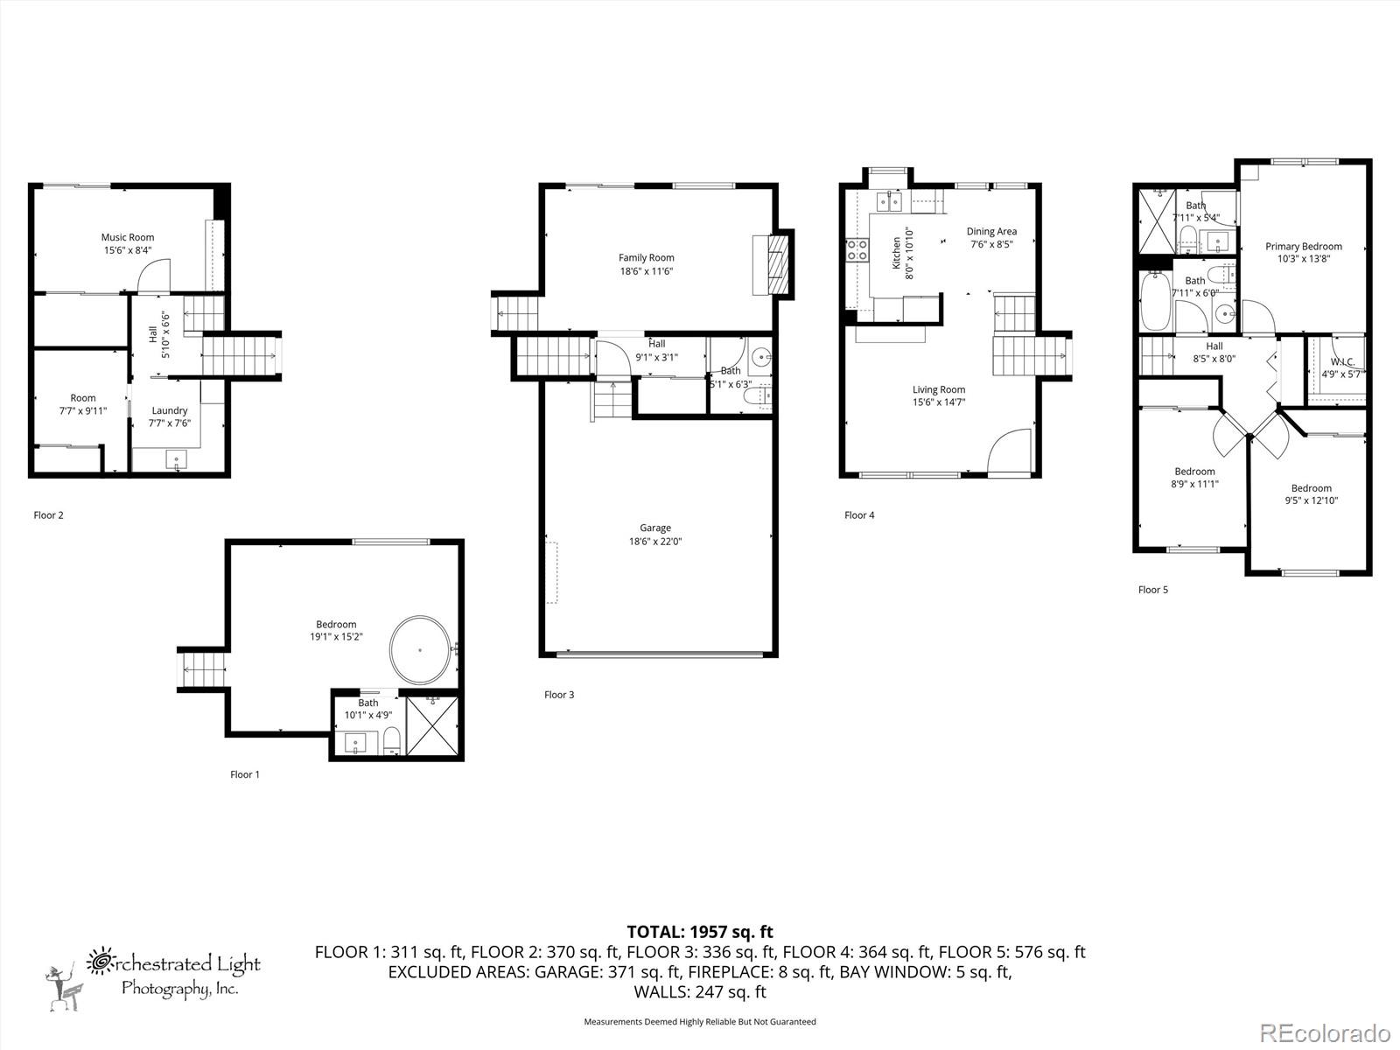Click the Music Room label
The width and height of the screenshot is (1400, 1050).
click(x=128, y=237)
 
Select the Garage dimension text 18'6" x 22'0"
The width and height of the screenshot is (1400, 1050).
click(x=654, y=542)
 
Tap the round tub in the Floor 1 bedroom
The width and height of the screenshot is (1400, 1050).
click(x=420, y=650)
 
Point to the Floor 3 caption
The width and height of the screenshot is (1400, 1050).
click(x=559, y=695)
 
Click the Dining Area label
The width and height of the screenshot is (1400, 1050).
click(x=991, y=232)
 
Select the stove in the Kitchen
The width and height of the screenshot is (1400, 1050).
click(x=857, y=250)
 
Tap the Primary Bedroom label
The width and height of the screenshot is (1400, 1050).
click(x=1303, y=247)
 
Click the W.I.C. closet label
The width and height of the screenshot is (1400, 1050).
click(x=1342, y=361)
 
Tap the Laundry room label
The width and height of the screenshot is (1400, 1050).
click(x=170, y=410)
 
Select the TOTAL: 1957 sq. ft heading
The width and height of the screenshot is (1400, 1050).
click(x=700, y=932)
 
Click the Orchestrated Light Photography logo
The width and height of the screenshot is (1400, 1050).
click(x=154, y=974)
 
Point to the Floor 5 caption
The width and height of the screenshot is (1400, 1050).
click(x=1152, y=590)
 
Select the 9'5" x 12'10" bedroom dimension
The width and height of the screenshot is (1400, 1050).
click(x=1311, y=501)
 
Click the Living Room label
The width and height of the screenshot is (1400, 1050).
click(x=939, y=390)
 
